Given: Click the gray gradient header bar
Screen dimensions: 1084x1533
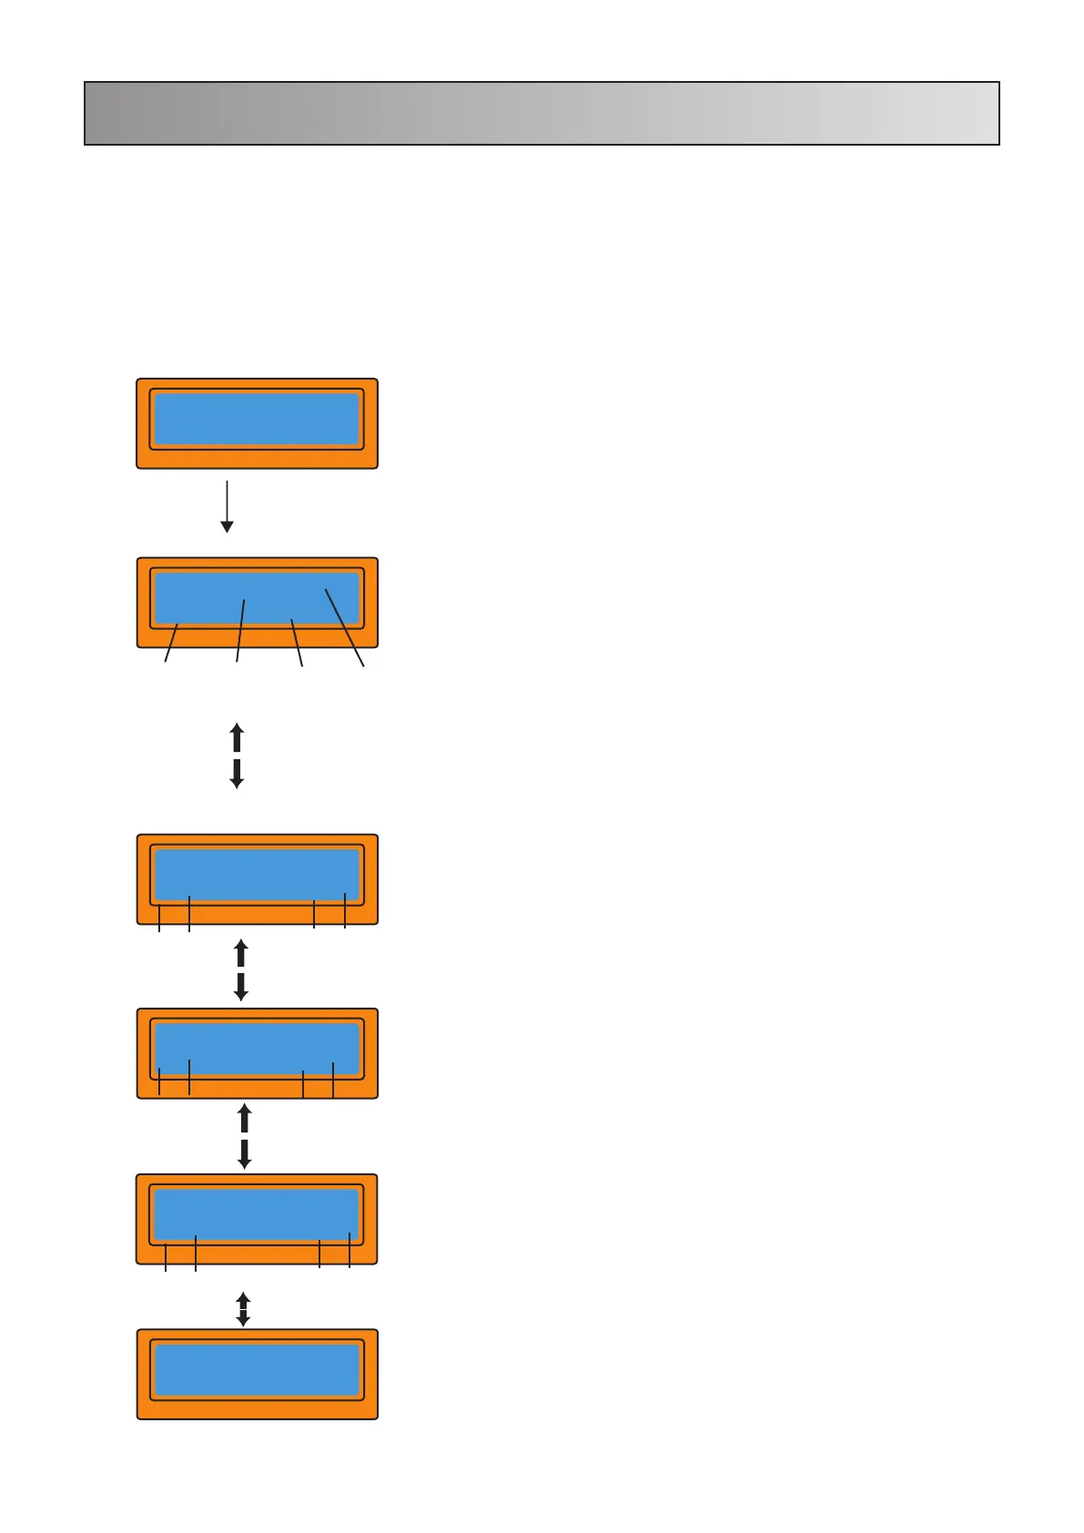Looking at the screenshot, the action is (542, 113).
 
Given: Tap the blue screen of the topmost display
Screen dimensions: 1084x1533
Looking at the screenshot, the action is (257, 419).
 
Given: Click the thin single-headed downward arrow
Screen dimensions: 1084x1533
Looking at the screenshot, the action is (228, 505).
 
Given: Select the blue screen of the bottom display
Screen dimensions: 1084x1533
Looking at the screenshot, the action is (257, 1369).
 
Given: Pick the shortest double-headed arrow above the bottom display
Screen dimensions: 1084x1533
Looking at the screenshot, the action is (243, 1309).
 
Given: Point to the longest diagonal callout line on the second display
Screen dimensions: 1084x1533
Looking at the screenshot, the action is (345, 628).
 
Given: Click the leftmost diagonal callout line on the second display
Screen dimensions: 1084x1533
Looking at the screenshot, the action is (171, 643).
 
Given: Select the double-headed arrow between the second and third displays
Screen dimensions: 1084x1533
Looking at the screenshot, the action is (237, 756).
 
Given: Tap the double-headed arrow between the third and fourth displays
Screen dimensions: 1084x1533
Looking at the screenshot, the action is (241, 970).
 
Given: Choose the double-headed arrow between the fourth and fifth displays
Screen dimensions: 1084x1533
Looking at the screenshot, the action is (244, 1136).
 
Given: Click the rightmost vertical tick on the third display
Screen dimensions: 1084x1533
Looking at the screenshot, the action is (345, 910).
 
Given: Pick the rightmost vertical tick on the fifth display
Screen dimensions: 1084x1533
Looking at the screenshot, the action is (350, 1250).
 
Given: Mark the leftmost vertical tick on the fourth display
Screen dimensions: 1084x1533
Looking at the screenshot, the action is (159, 1081).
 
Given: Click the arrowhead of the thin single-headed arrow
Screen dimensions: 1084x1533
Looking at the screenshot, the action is (228, 527).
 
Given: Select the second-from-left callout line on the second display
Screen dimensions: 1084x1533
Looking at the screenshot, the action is (240, 631).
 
